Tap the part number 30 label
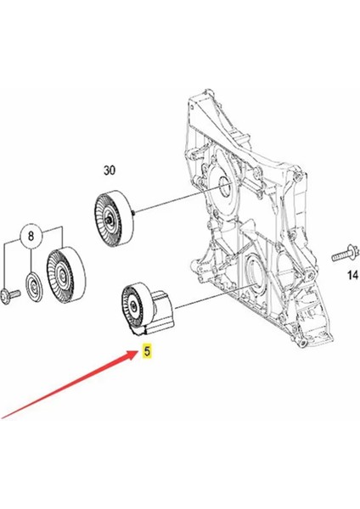[110, 170]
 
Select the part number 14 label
[352, 274]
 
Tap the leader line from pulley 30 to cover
[170, 204]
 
